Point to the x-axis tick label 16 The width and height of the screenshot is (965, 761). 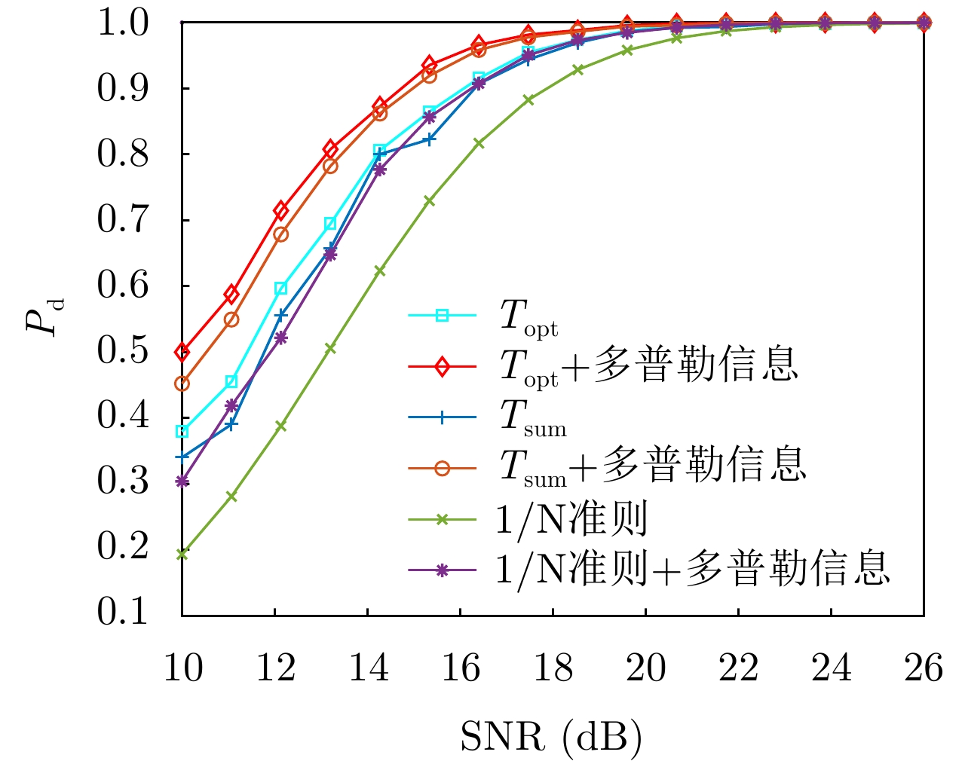pos(460,668)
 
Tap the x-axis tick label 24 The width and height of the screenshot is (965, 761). pos(831,668)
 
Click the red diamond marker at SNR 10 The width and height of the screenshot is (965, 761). pos(182,352)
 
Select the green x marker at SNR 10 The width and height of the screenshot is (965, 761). pos(182,554)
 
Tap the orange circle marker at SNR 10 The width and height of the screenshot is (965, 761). pos(182,384)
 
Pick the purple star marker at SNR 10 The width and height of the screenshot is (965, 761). pos(182,481)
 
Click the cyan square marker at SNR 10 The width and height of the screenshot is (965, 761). pos(182,432)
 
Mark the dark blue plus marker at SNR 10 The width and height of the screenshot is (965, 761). pos(182,457)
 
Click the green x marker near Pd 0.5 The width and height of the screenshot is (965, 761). pos(330,348)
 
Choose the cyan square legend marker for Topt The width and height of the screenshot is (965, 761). pos(443,316)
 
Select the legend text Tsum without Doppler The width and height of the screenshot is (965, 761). pos(533,417)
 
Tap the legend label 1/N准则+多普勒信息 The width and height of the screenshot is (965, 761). pos(692,570)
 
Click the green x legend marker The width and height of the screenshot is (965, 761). pos(443,519)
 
